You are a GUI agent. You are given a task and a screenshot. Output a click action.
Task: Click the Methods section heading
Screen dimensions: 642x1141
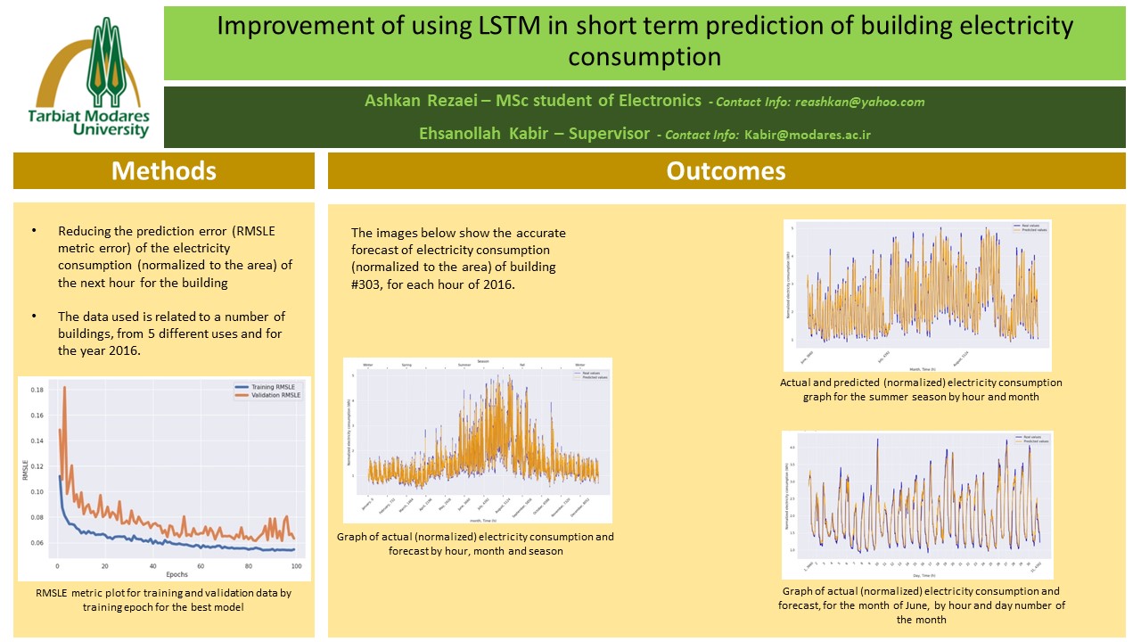(x=164, y=170)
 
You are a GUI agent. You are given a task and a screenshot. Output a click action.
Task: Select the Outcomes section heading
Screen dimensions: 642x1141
(x=726, y=170)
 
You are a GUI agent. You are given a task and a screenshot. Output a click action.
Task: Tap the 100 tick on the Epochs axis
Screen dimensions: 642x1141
(x=296, y=566)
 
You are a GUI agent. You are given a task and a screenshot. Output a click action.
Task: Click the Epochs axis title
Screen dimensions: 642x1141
(x=178, y=575)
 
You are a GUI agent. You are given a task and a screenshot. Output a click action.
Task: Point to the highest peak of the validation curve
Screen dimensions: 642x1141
(x=64, y=387)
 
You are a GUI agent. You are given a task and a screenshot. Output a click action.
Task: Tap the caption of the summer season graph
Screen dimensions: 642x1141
(x=921, y=390)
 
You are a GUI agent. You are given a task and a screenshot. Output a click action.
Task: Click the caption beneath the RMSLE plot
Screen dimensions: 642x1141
(x=165, y=599)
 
